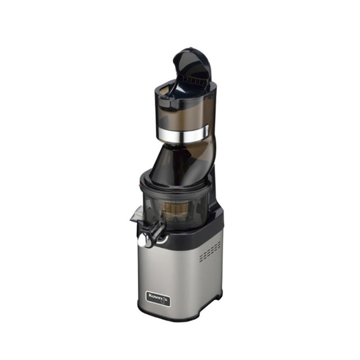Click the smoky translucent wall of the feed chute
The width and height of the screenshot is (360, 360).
point(176,115)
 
